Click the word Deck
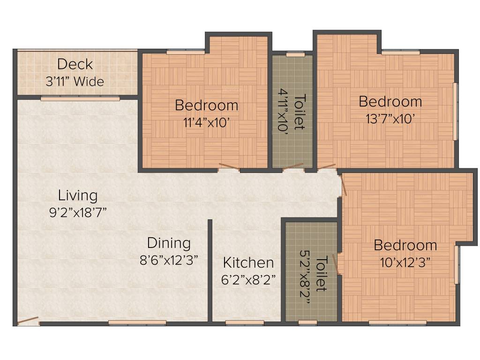coord(75,64)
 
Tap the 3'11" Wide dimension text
coord(75,82)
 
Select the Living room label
coord(78,196)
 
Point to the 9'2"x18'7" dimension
coord(78,212)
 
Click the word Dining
coord(169,243)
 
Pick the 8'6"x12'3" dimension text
coord(169,260)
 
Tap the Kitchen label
coord(248,262)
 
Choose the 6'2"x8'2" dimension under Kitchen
coord(248,279)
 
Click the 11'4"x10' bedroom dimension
coord(207,123)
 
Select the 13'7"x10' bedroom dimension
coord(390,119)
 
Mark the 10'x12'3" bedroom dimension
coord(405,262)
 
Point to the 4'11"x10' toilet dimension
coord(283,110)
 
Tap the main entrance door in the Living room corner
coord(28,320)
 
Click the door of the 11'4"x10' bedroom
coord(229,166)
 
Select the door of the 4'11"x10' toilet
coord(292,166)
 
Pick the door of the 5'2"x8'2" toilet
coord(335,263)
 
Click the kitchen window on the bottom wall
coord(245,322)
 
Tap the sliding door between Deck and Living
coord(80,98)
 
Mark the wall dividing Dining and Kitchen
coord(210,270)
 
